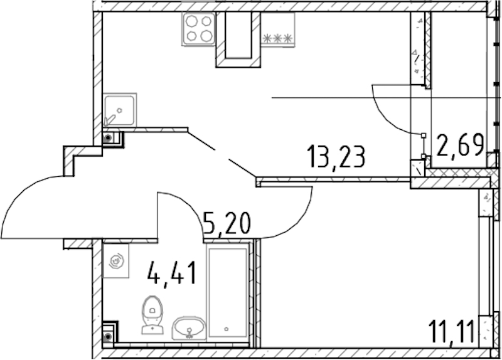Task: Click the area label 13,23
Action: (336, 156)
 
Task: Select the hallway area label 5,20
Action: (227, 224)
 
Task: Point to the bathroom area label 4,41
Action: (171, 273)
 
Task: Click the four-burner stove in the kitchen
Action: (199, 29)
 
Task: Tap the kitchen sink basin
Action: (120, 110)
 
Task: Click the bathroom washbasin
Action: (189, 328)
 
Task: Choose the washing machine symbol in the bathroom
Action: (116, 261)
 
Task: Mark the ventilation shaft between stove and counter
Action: (238, 40)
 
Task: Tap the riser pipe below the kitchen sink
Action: (108, 139)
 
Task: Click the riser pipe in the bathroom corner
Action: (108, 337)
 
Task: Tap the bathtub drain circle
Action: (227, 329)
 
